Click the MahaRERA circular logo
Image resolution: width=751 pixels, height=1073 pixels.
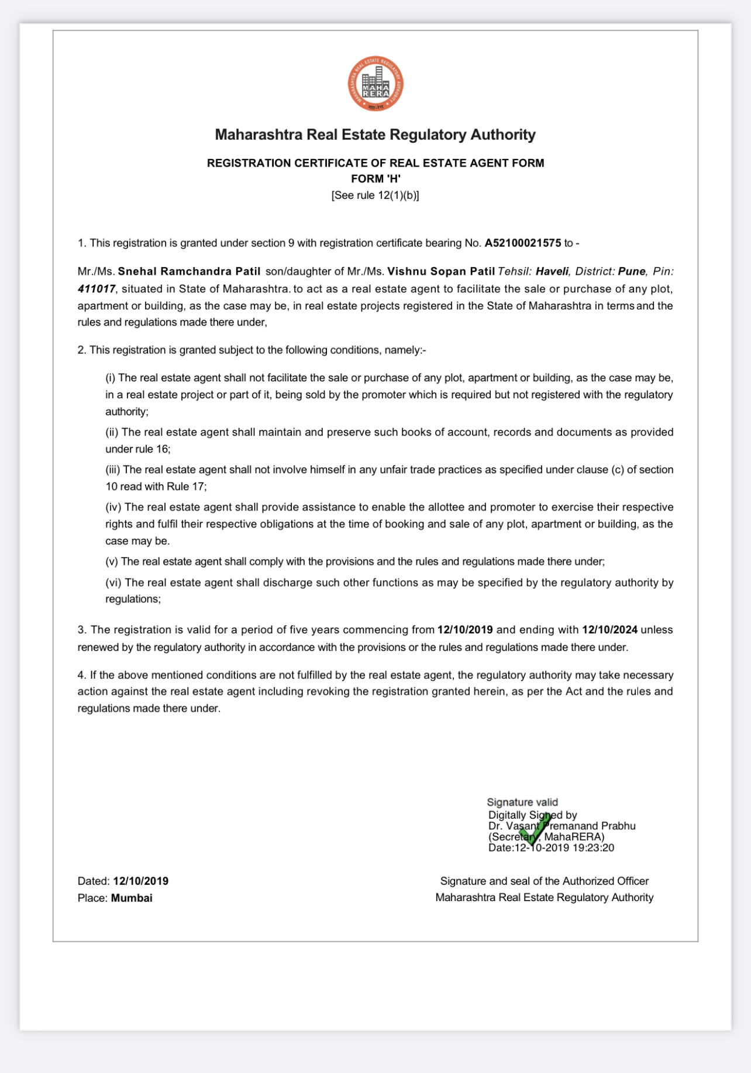(375, 84)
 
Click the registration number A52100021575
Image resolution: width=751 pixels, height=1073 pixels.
(522, 243)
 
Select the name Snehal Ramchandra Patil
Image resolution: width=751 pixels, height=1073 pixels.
(189, 271)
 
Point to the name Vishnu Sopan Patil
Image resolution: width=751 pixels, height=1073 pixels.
(441, 271)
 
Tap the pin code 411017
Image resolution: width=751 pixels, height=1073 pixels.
(97, 289)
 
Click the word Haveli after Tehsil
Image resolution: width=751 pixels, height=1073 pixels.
(552, 271)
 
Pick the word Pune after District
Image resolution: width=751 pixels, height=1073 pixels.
(632, 271)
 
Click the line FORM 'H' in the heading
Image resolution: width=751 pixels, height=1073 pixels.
(375, 179)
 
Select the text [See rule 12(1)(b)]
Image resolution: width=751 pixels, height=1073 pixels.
(375, 195)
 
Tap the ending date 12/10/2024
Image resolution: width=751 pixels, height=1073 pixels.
(609, 630)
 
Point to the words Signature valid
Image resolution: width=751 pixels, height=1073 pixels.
(522, 802)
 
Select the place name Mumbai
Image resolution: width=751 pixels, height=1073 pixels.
(132, 898)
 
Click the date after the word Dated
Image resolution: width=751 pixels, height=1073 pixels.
(140, 881)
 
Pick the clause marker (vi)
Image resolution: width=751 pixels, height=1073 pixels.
(113, 582)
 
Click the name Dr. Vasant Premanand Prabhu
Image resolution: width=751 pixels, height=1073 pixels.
(561, 826)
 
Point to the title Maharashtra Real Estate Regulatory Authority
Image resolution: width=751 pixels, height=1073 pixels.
(375, 134)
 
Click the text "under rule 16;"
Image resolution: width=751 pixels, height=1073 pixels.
(138, 449)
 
